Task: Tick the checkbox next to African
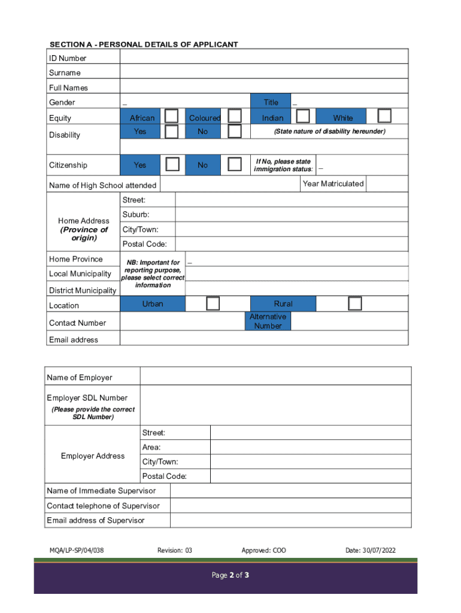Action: [172, 116]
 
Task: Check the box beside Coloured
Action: [235, 116]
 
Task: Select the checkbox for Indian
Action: [304, 116]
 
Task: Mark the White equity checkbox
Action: [384, 116]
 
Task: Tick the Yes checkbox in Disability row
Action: [172, 131]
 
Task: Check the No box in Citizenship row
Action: [235, 163]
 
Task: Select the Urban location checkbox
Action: [213, 304]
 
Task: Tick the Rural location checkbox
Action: [355, 304]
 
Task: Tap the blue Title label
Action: [271, 102]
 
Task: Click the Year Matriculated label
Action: [333, 184]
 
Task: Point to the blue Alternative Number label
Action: [268, 321]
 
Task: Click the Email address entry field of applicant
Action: [263, 339]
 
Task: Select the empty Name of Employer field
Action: [275, 377]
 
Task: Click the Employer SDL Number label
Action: [87, 397]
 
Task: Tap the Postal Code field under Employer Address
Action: [311, 476]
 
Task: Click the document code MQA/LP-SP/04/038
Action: [77, 550]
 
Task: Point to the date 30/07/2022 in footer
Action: [371, 550]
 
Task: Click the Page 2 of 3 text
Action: [230, 575]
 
